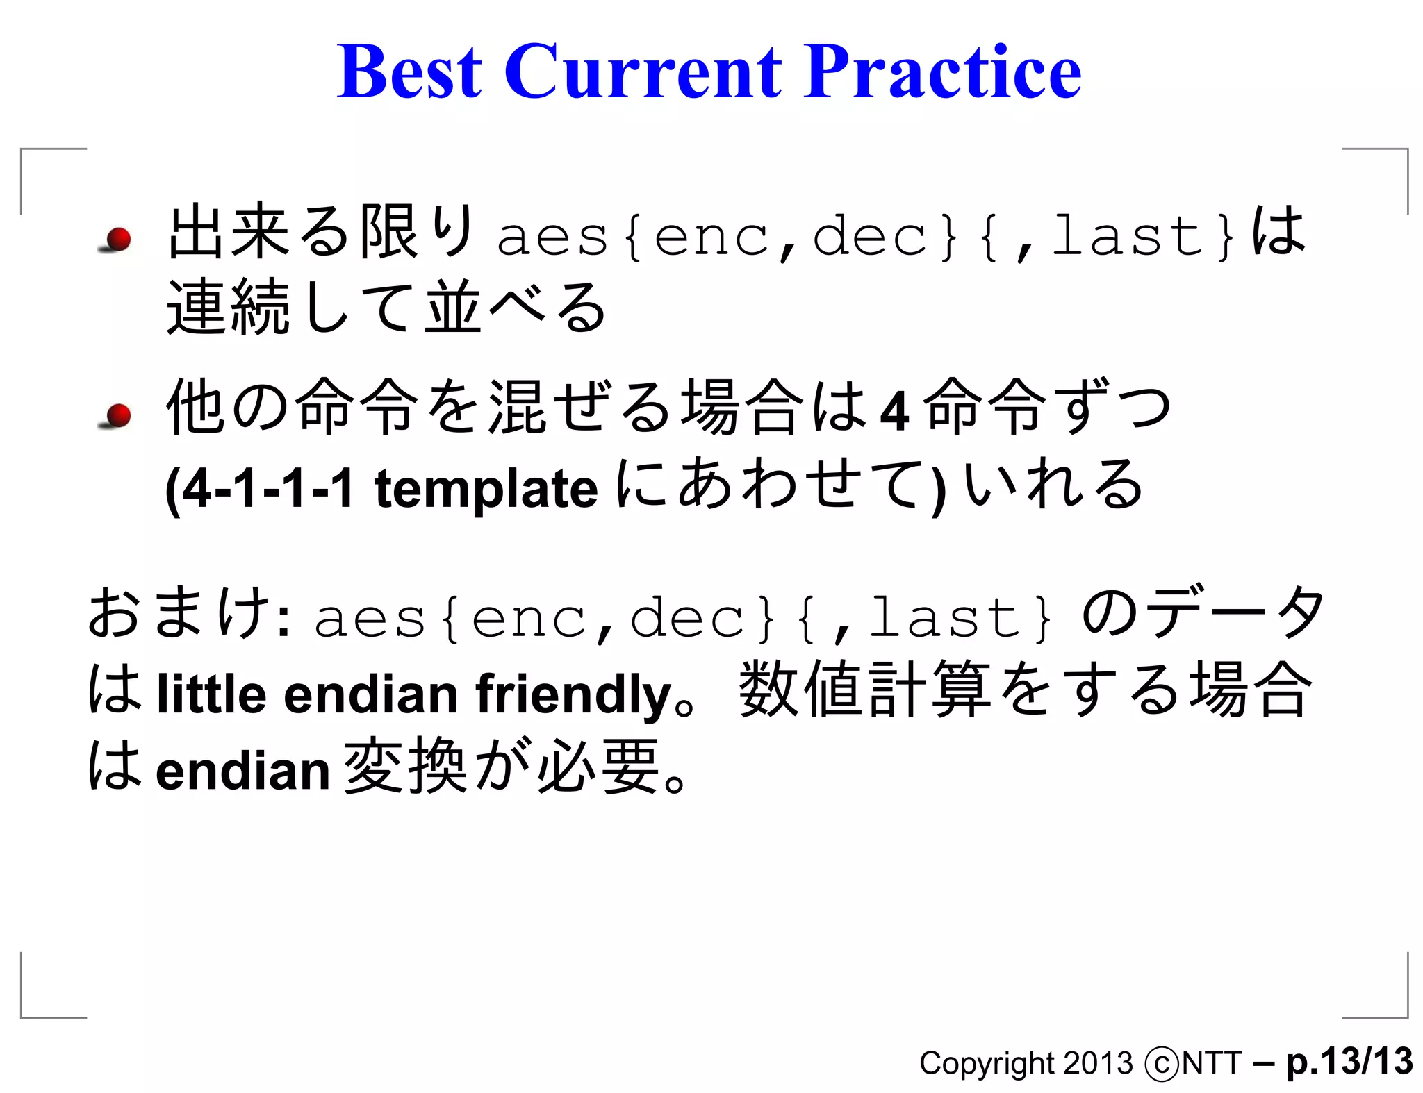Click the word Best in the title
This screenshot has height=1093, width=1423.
click(409, 72)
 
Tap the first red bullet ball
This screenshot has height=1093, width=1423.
click(119, 239)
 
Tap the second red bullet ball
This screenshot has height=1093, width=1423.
click(119, 415)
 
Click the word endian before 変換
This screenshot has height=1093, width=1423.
click(242, 771)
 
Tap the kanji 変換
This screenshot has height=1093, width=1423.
click(405, 766)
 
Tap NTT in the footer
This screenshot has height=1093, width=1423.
click(1212, 1064)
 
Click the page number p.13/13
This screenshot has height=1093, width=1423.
click(1349, 1062)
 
